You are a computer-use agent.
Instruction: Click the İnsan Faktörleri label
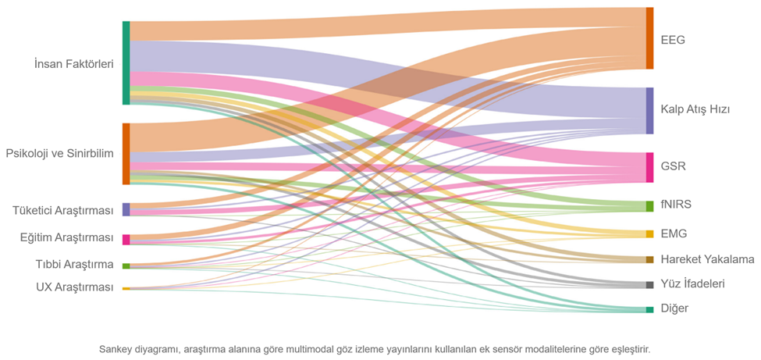pyautogui.click(x=73, y=64)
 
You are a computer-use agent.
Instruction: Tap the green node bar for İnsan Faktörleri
pyautogui.click(x=126, y=63)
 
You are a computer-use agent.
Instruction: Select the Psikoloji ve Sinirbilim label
pyautogui.click(x=59, y=153)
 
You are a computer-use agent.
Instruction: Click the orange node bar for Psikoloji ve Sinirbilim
pyautogui.click(x=126, y=154)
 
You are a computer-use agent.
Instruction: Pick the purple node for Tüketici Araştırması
pyautogui.click(x=126, y=209)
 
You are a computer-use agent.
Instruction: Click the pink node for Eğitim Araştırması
pyautogui.click(x=126, y=240)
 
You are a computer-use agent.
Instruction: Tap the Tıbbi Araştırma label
pyautogui.click(x=75, y=264)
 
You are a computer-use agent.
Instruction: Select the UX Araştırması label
pyautogui.click(x=75, y=287)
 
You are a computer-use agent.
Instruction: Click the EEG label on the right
pyautogui.click(x=672, y=40)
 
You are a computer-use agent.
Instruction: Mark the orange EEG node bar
pyautogui.click(x=649, y=38)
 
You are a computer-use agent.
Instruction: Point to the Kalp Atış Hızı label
pyautogui.click(x=695, y=109)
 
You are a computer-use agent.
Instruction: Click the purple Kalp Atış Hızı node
pyautogui.click(x=649, y=111)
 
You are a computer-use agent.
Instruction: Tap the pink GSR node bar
pyautogui.click(x=649, y=167)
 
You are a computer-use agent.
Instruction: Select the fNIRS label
pyautogui.click(x=676, y=205)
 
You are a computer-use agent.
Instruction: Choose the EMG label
pyautogui.click(x=674, y=233)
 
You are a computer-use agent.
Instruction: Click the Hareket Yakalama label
pyautogui.click(x=707, y=259)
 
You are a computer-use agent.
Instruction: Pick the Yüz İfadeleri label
pyautogui.click(x=692, y=284)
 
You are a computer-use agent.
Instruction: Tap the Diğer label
pyautogui.click(x=674, y=308)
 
